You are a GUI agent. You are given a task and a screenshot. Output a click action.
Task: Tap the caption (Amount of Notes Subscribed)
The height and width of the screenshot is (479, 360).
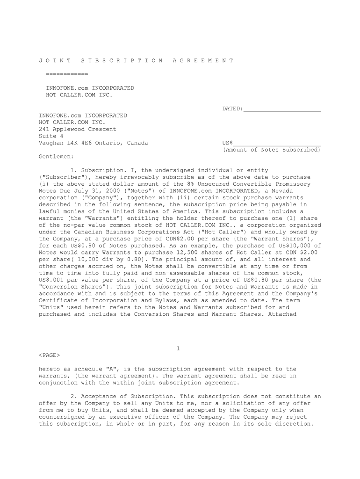pos(272,150)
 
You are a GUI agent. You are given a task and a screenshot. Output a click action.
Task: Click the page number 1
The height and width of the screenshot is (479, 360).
pos(178,348)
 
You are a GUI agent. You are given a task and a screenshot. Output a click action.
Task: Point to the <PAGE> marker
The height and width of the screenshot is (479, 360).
pos(49,355)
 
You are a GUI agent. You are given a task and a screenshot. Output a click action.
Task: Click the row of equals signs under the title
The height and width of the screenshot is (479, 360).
pos(67,74)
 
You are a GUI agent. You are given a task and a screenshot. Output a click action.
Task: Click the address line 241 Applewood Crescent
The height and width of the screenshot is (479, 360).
pos(77,129)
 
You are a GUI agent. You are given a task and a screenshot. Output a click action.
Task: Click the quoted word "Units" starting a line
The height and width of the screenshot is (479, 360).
pos(49,307)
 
